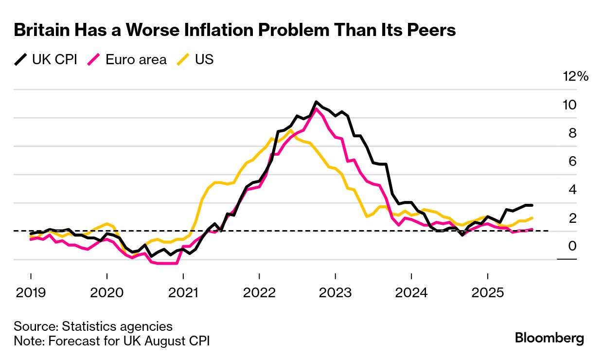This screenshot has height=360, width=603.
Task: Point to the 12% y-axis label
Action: [576, 76]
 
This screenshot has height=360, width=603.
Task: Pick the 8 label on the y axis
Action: [572, 133]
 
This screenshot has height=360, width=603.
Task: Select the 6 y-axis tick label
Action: [572, 161]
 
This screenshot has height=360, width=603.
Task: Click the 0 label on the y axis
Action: [572, 246]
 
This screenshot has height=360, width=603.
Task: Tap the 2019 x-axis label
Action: [31, 293]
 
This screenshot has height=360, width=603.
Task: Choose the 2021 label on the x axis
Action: [183, 293]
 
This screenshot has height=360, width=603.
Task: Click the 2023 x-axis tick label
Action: [335, 293]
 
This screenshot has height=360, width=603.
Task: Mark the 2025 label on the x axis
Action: [487, 293]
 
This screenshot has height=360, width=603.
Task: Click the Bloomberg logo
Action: [550, 339]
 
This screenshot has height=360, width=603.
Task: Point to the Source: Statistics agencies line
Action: [93, 326]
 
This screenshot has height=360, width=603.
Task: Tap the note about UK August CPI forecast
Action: [112, 341]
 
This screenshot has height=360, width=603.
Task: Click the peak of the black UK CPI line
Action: [316, 102]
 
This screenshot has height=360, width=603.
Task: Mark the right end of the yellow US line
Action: [532, 218]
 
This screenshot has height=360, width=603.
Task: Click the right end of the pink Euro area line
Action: [532, 229]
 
